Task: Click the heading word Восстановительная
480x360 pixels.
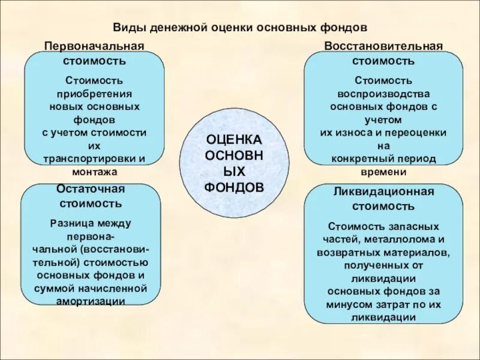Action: pyautogui.click(x=383, y=47)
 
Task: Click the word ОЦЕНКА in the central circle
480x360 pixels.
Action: pyautogui.click(x=234, y=139)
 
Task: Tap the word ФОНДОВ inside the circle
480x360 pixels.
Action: pyautogui.click(x=234, y=187)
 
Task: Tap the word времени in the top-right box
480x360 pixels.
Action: pyautogui.click(x=383, y=172)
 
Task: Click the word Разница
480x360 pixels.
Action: pyautogui.click(x=70, y=223)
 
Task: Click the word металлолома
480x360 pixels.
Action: pyautogui.click(x=403, y=240)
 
